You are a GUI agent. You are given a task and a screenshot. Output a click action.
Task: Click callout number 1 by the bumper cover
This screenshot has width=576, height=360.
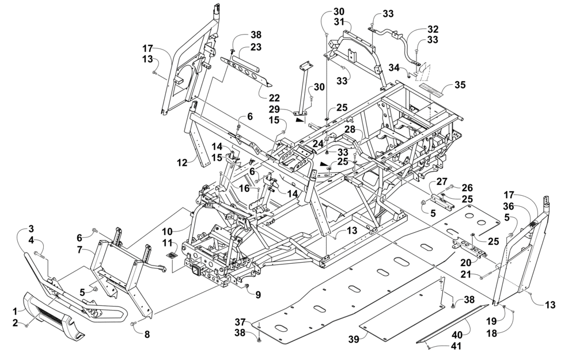click(15, 312)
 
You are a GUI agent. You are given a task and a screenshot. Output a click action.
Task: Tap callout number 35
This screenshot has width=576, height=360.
click(460, 85)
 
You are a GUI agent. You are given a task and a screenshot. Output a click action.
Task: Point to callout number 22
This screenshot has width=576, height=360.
click(274, 98)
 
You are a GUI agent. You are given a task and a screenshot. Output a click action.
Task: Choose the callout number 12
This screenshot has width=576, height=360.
click(182, 162)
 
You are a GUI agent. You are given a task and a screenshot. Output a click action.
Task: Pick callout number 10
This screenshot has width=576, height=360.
click(167, 232)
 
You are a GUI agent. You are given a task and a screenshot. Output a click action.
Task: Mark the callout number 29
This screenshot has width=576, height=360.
click(274, 109)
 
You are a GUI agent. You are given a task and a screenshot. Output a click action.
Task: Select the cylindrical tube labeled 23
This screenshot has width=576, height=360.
click(245, 59)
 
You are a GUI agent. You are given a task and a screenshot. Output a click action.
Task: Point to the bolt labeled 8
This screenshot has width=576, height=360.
click(134, 324)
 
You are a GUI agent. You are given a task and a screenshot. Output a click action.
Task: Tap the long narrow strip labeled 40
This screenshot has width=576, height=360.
click(453, 324)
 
